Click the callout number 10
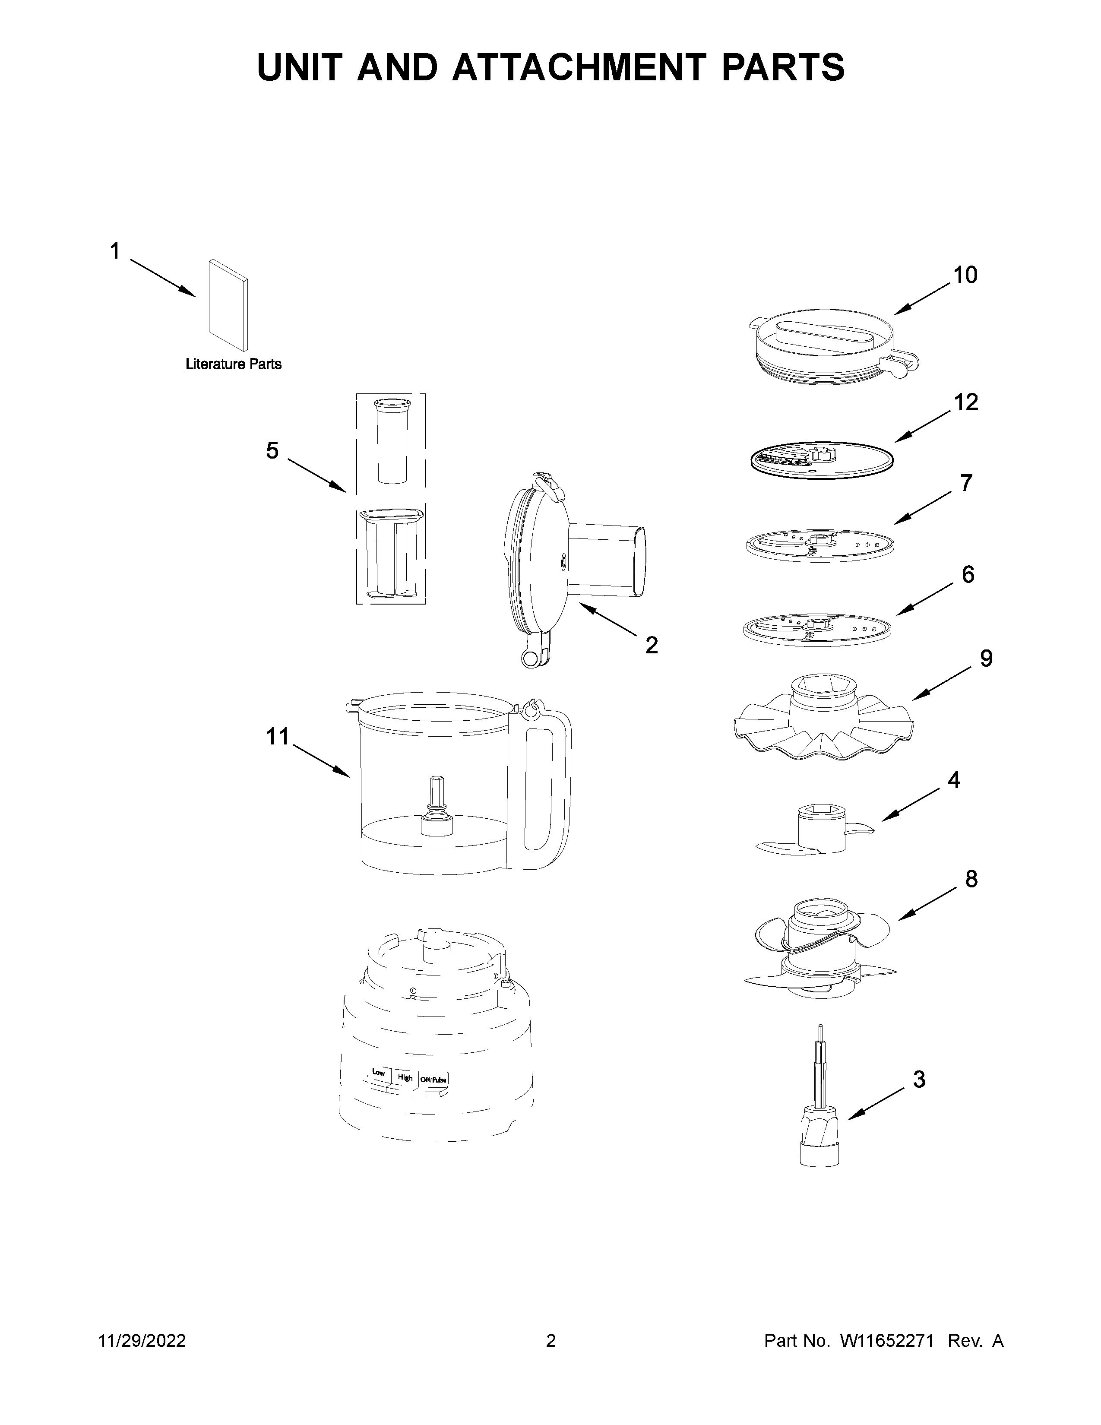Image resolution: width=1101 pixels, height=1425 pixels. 965,275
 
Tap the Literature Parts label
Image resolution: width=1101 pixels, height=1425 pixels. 234,364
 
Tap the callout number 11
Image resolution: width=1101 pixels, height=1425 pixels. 277,737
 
